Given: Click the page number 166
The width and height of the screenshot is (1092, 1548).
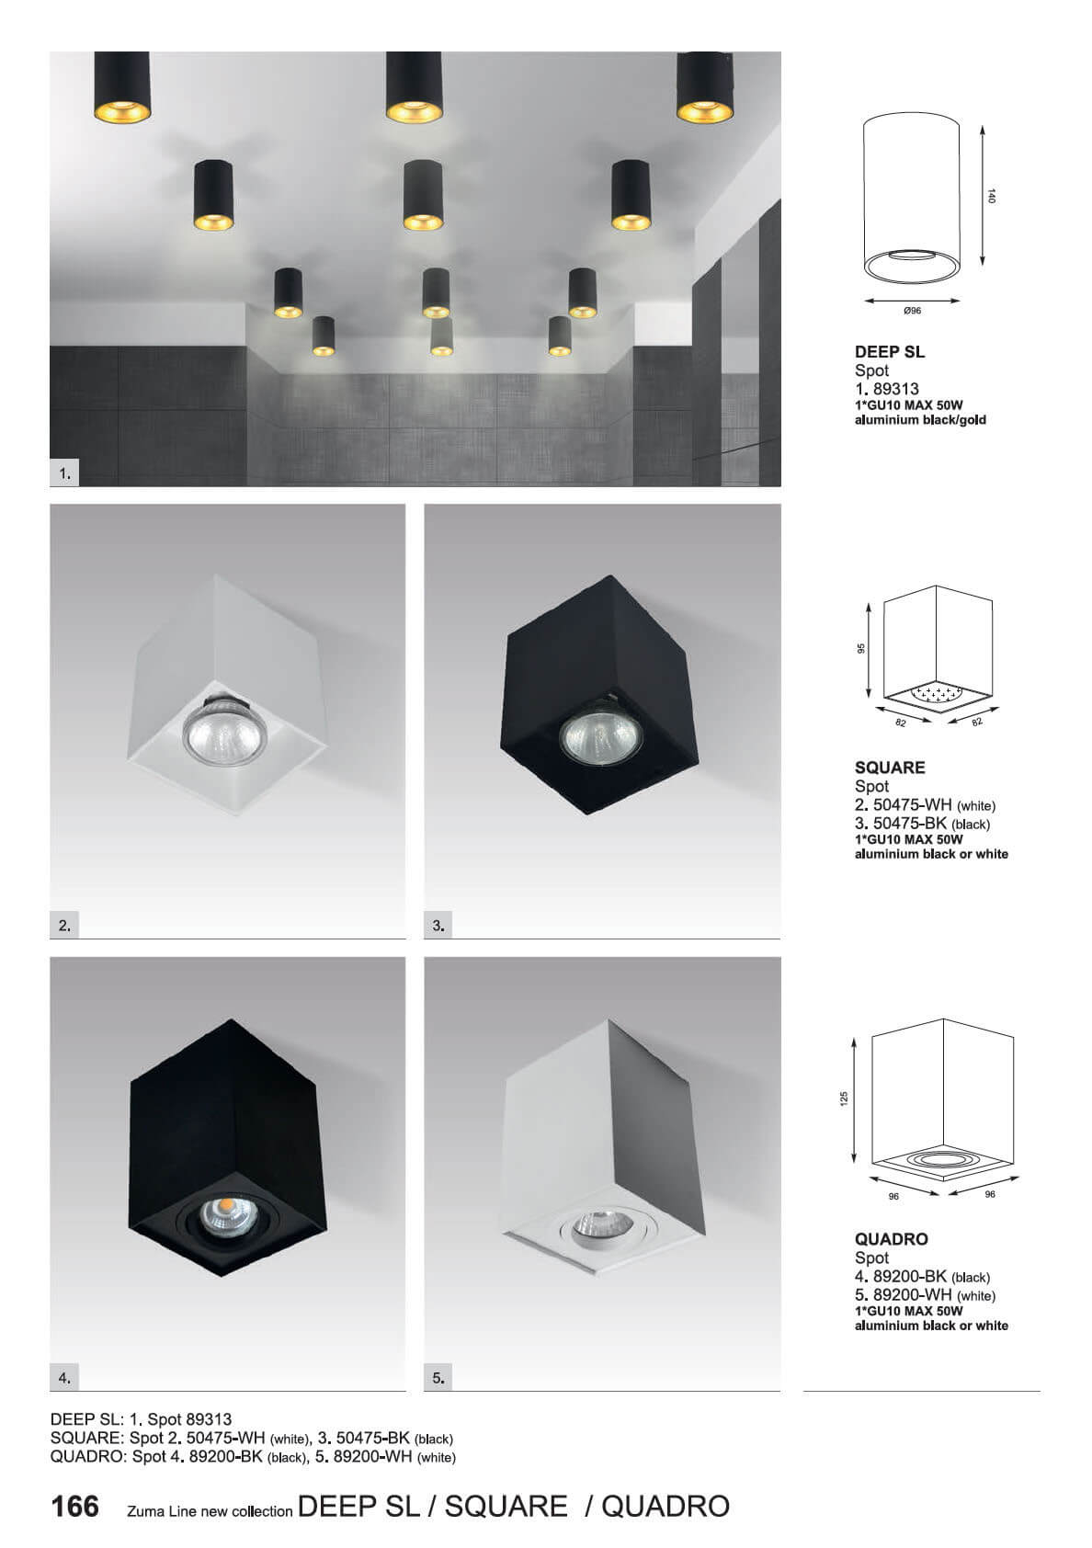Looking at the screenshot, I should pyautogui.click(x=75, y=1507).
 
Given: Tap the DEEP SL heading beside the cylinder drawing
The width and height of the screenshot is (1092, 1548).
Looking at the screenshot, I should pyautogui.click(x=890, y=351).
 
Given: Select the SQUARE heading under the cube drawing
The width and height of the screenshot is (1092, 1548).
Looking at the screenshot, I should pyautogui.click(x=890, y=768).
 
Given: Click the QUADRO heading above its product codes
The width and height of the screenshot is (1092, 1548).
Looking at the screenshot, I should pyautogui.click(x=891, y=1239).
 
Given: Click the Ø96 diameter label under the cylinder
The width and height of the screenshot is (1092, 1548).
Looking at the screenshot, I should pyautogui.click(x=913, y=312).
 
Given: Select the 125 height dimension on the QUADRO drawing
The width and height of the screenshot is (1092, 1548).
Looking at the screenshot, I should pyautogui.click(x=844, y=1098).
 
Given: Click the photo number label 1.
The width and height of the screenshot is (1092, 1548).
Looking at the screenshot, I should pyautogui.click(x=64, y=474).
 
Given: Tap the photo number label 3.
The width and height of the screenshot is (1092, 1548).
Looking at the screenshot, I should pyautogui.click(x=438, y=926).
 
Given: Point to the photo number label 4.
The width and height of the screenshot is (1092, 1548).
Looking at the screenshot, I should pyautogui.click(x=64, y=1378).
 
